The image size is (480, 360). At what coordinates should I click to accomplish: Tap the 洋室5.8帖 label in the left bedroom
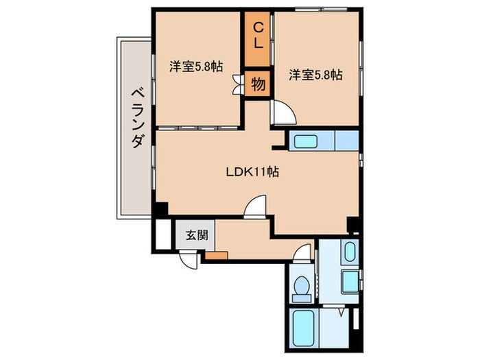pos(195,67)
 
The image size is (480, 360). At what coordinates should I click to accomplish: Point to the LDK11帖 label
pos(252,171)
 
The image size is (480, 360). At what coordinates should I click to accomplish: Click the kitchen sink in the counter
pos(304,142)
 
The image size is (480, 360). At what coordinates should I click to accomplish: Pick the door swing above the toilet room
pos(301,255)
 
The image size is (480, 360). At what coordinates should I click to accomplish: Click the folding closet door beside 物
pos(238,84)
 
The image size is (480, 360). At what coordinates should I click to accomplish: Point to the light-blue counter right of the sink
pos(346,141)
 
